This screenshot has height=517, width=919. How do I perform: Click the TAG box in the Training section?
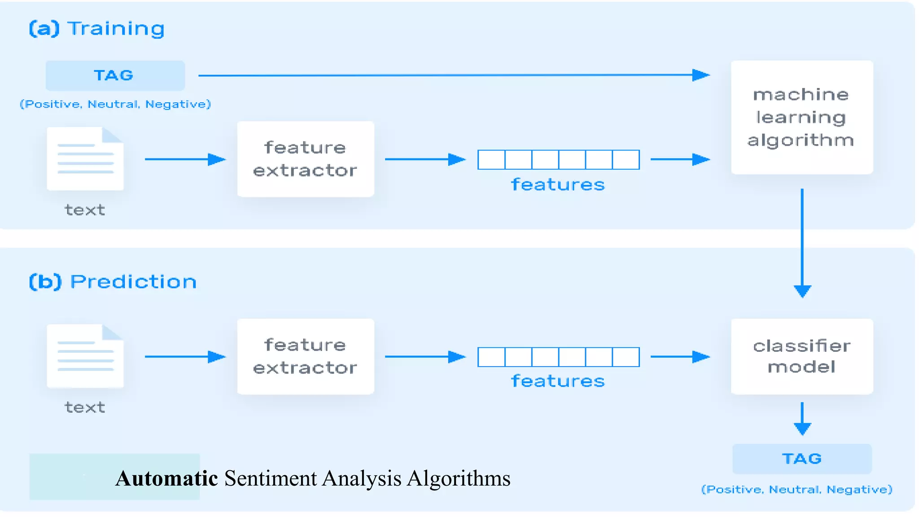pyautogui.click(x=115, y=75)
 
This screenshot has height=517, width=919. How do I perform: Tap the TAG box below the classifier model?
pyautogui.click(x=802, y=459)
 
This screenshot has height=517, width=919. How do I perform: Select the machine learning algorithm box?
pyautogui.click(x=802, y=117)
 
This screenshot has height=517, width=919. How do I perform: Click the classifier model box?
pyautogui.click(x=802, y=356)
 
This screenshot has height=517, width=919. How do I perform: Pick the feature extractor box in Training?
pyautogui.click(x=306, y=159)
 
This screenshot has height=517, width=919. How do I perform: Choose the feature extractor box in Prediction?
pyautogui.click(x=306, y=356)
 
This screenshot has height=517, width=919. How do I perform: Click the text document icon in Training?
pyautogui.click(x=85, y=159)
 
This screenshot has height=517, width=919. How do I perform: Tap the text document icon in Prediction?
pyautogui.click(x=85, y=356)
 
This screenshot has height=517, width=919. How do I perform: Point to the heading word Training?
pyautogui.click(x=116, y=29)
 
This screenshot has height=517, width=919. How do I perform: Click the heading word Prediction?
pyautogui.click(x=133, y=282)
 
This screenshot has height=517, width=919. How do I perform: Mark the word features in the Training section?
pyautogui.click(x=558, y=185)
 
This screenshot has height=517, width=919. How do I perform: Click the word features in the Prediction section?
pyautogui.click(x=558, y=381)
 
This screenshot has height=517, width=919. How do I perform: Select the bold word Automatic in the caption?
pyautogui.click(x=166, y=478)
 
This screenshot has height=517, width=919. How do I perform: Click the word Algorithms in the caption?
pyautogui.click(x=459, y=478)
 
